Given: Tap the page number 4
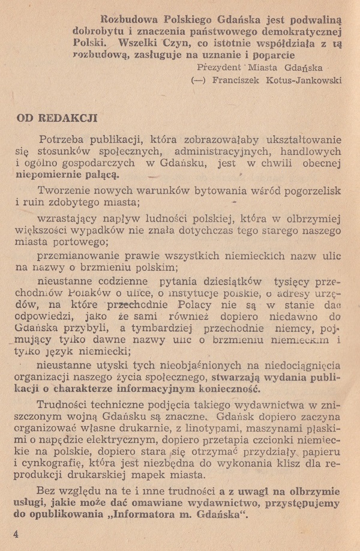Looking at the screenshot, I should pos(16,534).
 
